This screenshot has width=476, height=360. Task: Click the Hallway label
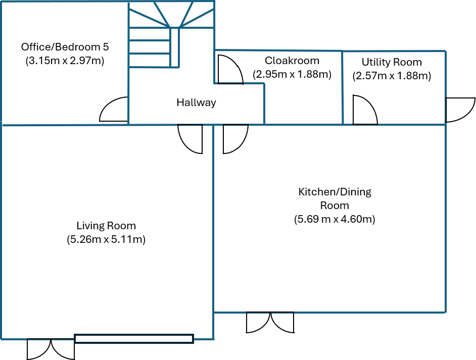pos(196,102)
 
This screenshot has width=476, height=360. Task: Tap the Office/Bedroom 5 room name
pos(65,47)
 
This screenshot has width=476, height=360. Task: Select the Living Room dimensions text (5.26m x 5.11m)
pos(106,240)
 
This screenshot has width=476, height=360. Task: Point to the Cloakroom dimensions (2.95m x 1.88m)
pos(292,75)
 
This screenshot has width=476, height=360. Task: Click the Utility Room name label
pos(392,62)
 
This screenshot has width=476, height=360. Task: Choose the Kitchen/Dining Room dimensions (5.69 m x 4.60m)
pos(335,220)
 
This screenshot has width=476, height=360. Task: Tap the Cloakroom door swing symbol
pos(228,70)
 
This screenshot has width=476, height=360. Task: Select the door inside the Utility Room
pos(364,110)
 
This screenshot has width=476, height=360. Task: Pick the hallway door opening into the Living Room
pos(191,138)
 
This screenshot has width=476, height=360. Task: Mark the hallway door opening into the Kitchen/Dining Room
pos(235,138)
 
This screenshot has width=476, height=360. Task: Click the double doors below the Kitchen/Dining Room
pos(270,323)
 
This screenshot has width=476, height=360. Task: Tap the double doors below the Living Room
pos(51,349)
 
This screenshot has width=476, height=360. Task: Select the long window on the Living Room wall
pos(134,339)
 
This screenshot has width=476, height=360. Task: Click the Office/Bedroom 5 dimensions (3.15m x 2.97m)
pos(65,61)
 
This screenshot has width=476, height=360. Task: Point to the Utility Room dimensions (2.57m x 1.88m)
pos(392,76)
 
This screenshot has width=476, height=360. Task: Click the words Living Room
pos(106,226)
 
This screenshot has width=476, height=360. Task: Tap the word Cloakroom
pos(292,61)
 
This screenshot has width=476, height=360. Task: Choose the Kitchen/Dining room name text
pos(335,198)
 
